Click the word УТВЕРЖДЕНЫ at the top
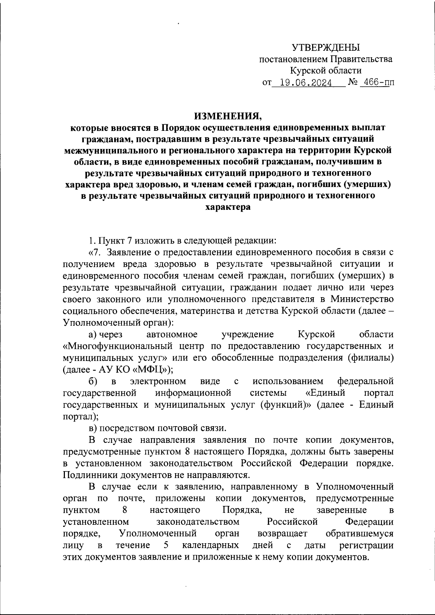tap(326, 47)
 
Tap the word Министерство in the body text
tap(362, 299)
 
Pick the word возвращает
tap(282, 533)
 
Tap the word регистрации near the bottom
tap(366, 545)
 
